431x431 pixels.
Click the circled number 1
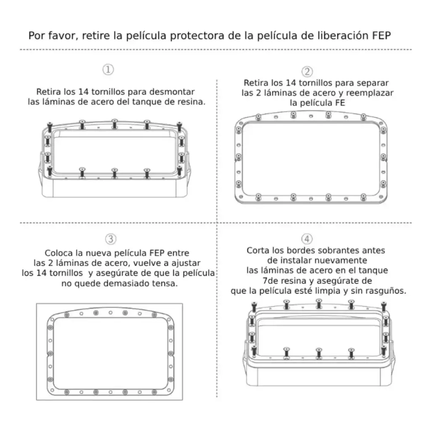point(108,69)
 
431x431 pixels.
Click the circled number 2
point(307,72)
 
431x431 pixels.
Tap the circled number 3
point(111,239)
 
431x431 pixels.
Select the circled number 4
point(307,239)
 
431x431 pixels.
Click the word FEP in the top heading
point(381,35)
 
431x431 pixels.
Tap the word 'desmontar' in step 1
point(172,91)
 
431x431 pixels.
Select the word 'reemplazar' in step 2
point(370,93)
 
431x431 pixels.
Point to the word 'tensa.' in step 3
point(165,283)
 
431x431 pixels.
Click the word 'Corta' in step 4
point(258,250)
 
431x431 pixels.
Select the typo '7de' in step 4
point(269,281)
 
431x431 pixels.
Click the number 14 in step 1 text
point(83,91)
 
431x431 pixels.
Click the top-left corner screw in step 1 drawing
point(50,127)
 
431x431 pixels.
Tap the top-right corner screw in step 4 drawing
point(384,306)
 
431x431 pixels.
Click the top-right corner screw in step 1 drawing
point(179,127)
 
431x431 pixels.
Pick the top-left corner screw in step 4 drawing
point(254,306)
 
